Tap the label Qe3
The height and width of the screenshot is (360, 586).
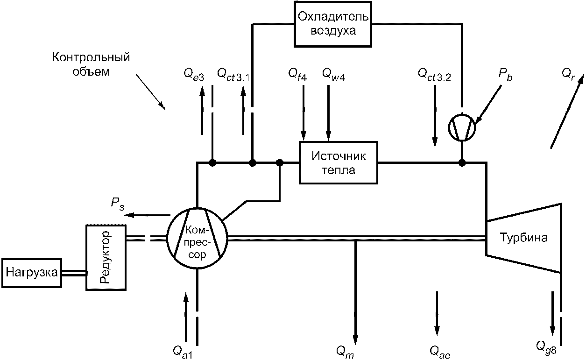pos(194,75)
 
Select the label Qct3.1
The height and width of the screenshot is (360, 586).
pos(233,75)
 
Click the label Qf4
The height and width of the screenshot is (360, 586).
pos(297,75)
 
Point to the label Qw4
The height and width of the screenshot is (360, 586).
pos(333,75)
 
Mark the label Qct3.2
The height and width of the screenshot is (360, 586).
pos(434,75)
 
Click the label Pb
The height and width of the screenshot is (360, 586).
pos(505,75)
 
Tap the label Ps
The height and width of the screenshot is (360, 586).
pos(118,204)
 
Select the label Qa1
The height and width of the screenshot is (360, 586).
pos(183,352)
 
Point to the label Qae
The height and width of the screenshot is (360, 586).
pos(440,352)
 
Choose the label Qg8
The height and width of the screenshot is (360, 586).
pos(546,348)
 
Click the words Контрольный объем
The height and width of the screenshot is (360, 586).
pos(91,64)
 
